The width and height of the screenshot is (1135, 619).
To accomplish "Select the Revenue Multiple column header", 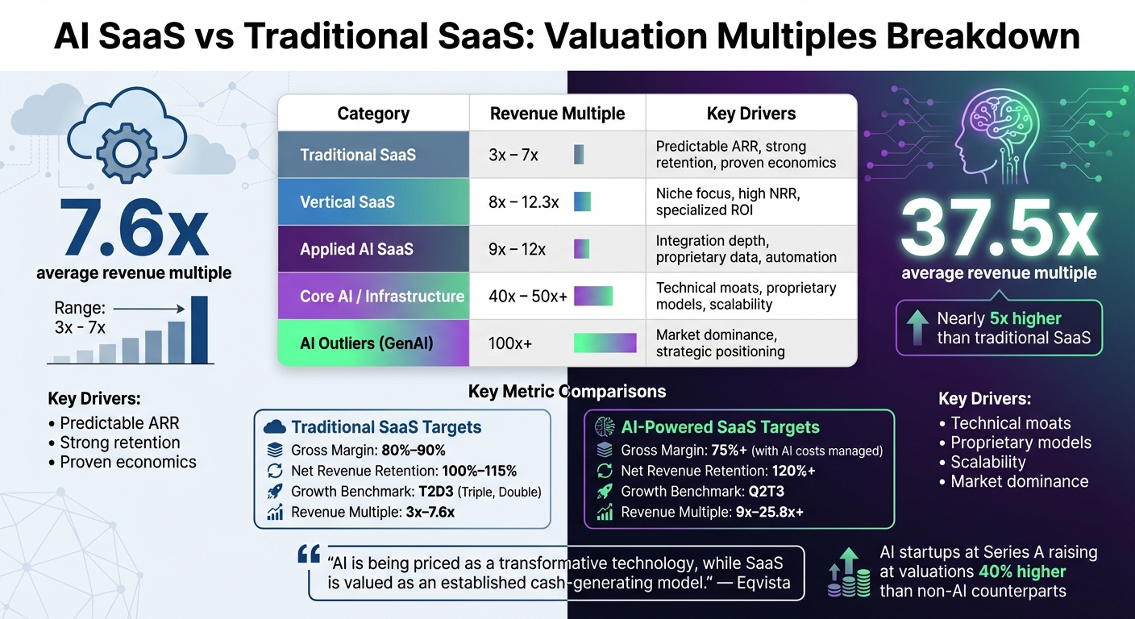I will (x=557, y=114).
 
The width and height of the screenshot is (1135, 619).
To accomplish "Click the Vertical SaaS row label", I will (x=347, y=201).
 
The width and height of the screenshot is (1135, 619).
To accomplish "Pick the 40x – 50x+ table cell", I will (x=528, y=297).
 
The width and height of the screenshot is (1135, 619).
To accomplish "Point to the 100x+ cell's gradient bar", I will (x=605, y=343).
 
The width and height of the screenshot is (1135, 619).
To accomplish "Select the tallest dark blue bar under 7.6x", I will (x=198, y=330).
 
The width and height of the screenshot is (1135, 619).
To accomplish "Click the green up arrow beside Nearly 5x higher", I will (x=917, y=327).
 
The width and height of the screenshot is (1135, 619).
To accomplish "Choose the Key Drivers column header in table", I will (x=750, y=114).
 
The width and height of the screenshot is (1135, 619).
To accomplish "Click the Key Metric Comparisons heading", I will (x=567, y=392).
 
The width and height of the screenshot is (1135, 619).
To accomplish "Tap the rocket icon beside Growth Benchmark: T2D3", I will (x=276, y=491).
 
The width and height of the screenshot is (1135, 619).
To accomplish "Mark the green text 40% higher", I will (x=1022, y=572).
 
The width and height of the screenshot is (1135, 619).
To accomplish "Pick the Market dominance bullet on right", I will (x=1019, y=481).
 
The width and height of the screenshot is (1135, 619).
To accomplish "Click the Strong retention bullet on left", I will (x=120, y=442).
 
